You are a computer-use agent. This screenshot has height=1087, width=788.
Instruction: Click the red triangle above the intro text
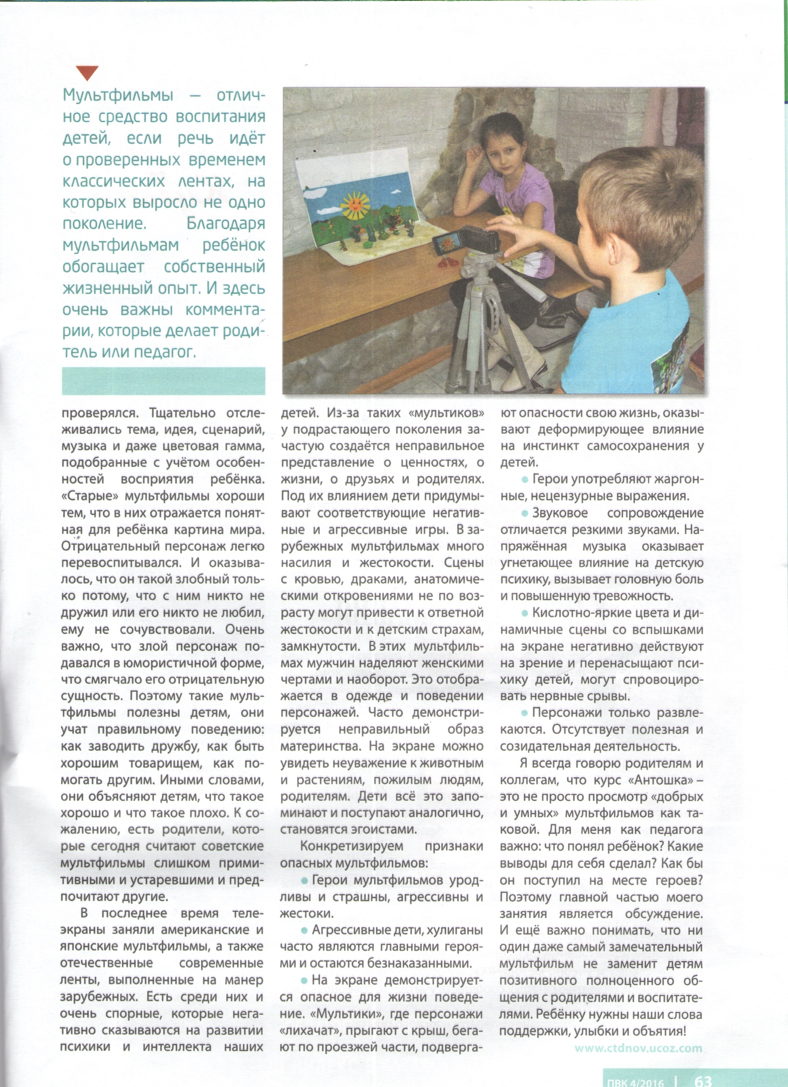(x=87, y=73)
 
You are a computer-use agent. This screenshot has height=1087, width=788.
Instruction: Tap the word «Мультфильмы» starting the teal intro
(x=118, y=95)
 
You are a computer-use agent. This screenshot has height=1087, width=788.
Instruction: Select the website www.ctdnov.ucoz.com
(x=638, y=1048)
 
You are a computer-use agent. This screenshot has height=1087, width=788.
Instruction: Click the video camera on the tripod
(x=466, y=241)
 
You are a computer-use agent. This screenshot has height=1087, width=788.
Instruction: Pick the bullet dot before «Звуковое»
(x=525, y=514)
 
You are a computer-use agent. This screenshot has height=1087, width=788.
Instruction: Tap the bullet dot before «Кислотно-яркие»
(x=525, y=613)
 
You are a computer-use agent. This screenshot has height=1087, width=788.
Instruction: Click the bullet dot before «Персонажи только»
(x=525, y=713)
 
